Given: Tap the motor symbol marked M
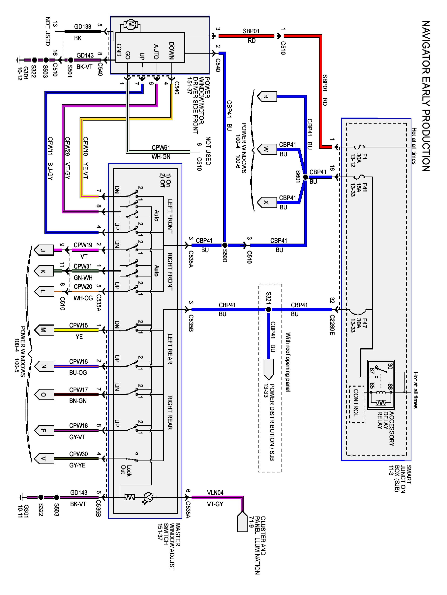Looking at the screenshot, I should [130, 25].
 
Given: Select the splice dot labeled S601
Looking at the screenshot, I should [305, 177].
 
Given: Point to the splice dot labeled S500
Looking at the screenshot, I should [225, 245].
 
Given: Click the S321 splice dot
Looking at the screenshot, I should [268, 310].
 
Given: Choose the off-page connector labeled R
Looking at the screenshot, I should [266, 97].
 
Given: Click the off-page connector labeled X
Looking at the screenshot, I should [266, 202].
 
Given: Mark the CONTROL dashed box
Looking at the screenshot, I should [356, 404].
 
